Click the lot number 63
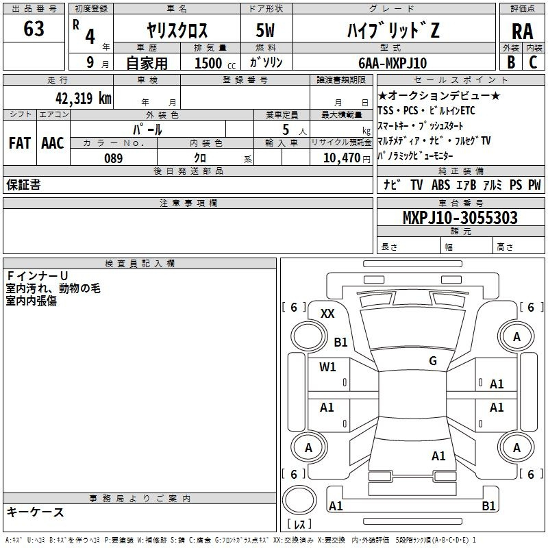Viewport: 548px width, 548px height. (x=34, y=29)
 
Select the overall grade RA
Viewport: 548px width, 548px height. (x=522, y=32)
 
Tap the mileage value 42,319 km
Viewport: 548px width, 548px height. (x=83, y=98)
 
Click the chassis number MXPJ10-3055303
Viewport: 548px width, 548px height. (x=460, y=217)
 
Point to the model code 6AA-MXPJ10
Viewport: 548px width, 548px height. (x=393, y=63)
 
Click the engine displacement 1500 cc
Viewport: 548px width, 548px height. (x=215, y=63)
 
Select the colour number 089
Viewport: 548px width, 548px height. (x=114, y=158)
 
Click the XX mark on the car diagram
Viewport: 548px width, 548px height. (x=327, y=314)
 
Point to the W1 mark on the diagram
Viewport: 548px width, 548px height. (x=327, y=366)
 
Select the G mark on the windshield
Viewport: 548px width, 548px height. (x=433, y=360)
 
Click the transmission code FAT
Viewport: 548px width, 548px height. (x=20, y=143)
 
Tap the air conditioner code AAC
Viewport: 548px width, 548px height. (x=53, y=143)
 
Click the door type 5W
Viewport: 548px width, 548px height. (x=265, y=30)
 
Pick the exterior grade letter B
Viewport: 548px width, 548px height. (x=511, y=62)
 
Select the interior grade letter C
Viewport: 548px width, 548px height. (x=533, y=62)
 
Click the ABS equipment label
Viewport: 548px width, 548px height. (x=440, y=184)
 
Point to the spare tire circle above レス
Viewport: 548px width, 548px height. (x=299, y=500)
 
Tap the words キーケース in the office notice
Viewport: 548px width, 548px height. (x=36, y=512)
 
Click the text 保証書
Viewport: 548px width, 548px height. (x=23, y=184)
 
